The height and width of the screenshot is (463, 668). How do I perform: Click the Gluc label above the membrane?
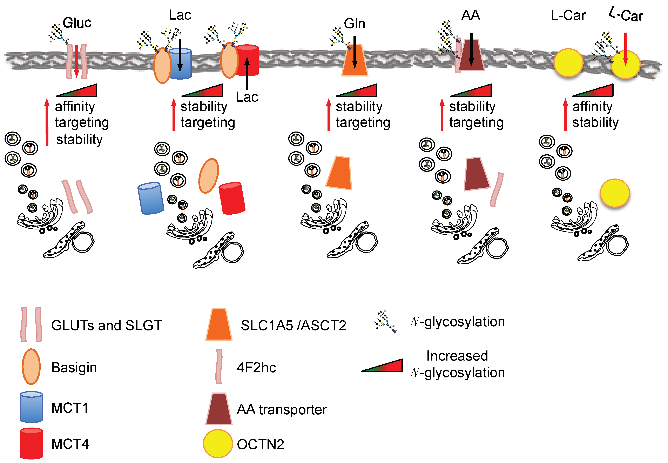click(77, 23)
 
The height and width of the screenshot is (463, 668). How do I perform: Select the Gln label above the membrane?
click(355, 24)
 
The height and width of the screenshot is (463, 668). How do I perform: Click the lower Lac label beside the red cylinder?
click(247, 97)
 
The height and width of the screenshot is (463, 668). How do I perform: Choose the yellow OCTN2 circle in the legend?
click(217, 444)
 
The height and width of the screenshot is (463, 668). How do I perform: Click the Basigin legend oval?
click(31, 367)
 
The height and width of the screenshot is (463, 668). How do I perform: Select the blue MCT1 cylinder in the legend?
click(31, 407)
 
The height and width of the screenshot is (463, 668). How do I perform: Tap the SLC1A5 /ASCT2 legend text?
click(293, 325)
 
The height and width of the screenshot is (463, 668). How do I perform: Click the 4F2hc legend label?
click(256, 368)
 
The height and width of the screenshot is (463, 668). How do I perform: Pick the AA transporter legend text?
click(282, 409)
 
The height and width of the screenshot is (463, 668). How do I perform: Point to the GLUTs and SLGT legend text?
click(106, 325)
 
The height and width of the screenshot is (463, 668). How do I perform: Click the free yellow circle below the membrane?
click(615, 193)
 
